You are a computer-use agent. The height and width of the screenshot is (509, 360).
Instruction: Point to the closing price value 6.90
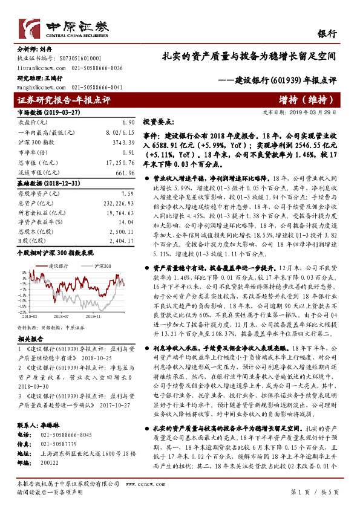click(127, 122)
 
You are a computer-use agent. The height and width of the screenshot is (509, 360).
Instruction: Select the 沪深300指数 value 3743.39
click(123, 141)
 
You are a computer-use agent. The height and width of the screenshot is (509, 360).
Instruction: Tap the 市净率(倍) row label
click(33, 151)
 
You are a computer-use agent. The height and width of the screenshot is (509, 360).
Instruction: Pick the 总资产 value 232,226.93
click(118, 204)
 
